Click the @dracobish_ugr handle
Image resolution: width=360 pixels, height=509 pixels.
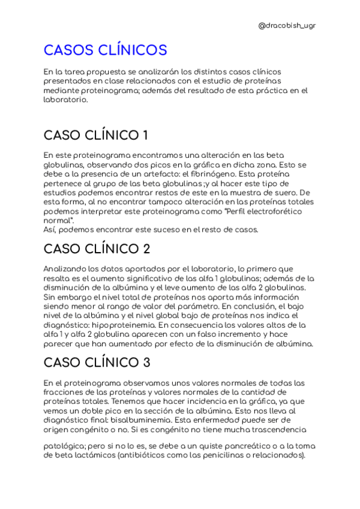[287, 25]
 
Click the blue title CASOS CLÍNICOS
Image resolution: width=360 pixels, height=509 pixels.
[106, 49]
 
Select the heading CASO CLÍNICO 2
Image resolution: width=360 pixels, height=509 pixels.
[97, 248]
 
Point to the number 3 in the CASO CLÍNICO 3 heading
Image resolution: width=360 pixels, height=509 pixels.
[146, 362]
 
